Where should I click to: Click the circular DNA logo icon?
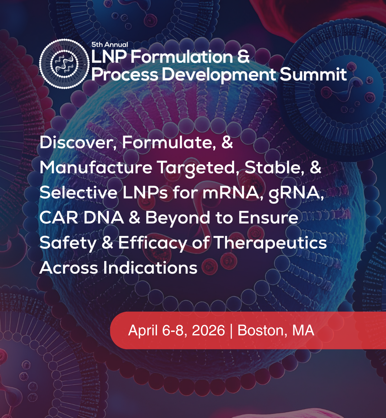pos(64,64)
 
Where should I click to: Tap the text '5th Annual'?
pos(110,44)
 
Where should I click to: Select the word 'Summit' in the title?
pos(313,74)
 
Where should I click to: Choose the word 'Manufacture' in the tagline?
pos(96,168)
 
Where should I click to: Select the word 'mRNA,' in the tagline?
pos(233,193)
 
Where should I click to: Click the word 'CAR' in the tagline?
pos(59,217)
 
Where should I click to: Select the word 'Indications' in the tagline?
pos(150,268)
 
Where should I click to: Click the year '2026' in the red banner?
pos(208,330)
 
